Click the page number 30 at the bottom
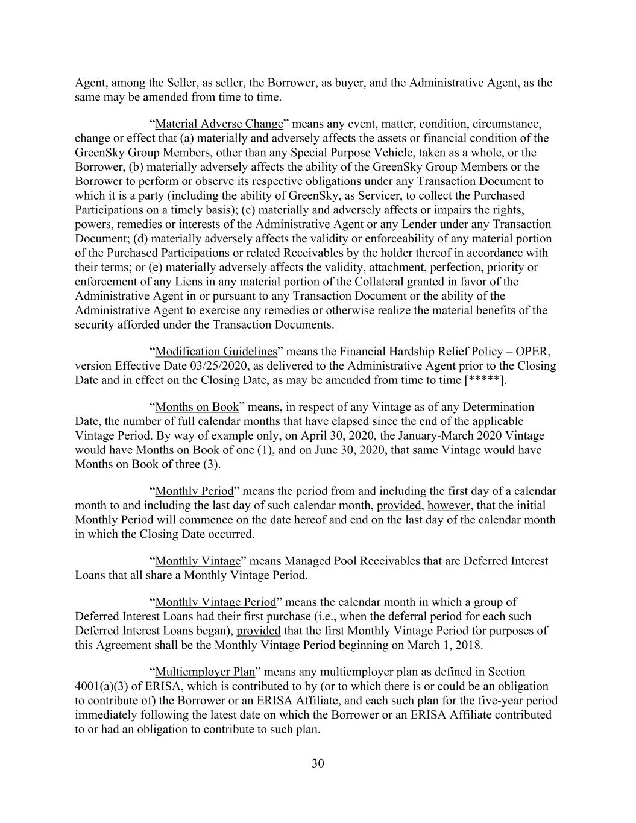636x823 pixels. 318,763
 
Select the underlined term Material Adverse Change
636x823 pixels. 219,124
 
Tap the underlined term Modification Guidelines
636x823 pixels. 216,352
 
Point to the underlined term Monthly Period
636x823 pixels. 194,491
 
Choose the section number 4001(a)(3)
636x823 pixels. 105,686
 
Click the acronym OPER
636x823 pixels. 535,352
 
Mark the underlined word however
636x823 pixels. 448,506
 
